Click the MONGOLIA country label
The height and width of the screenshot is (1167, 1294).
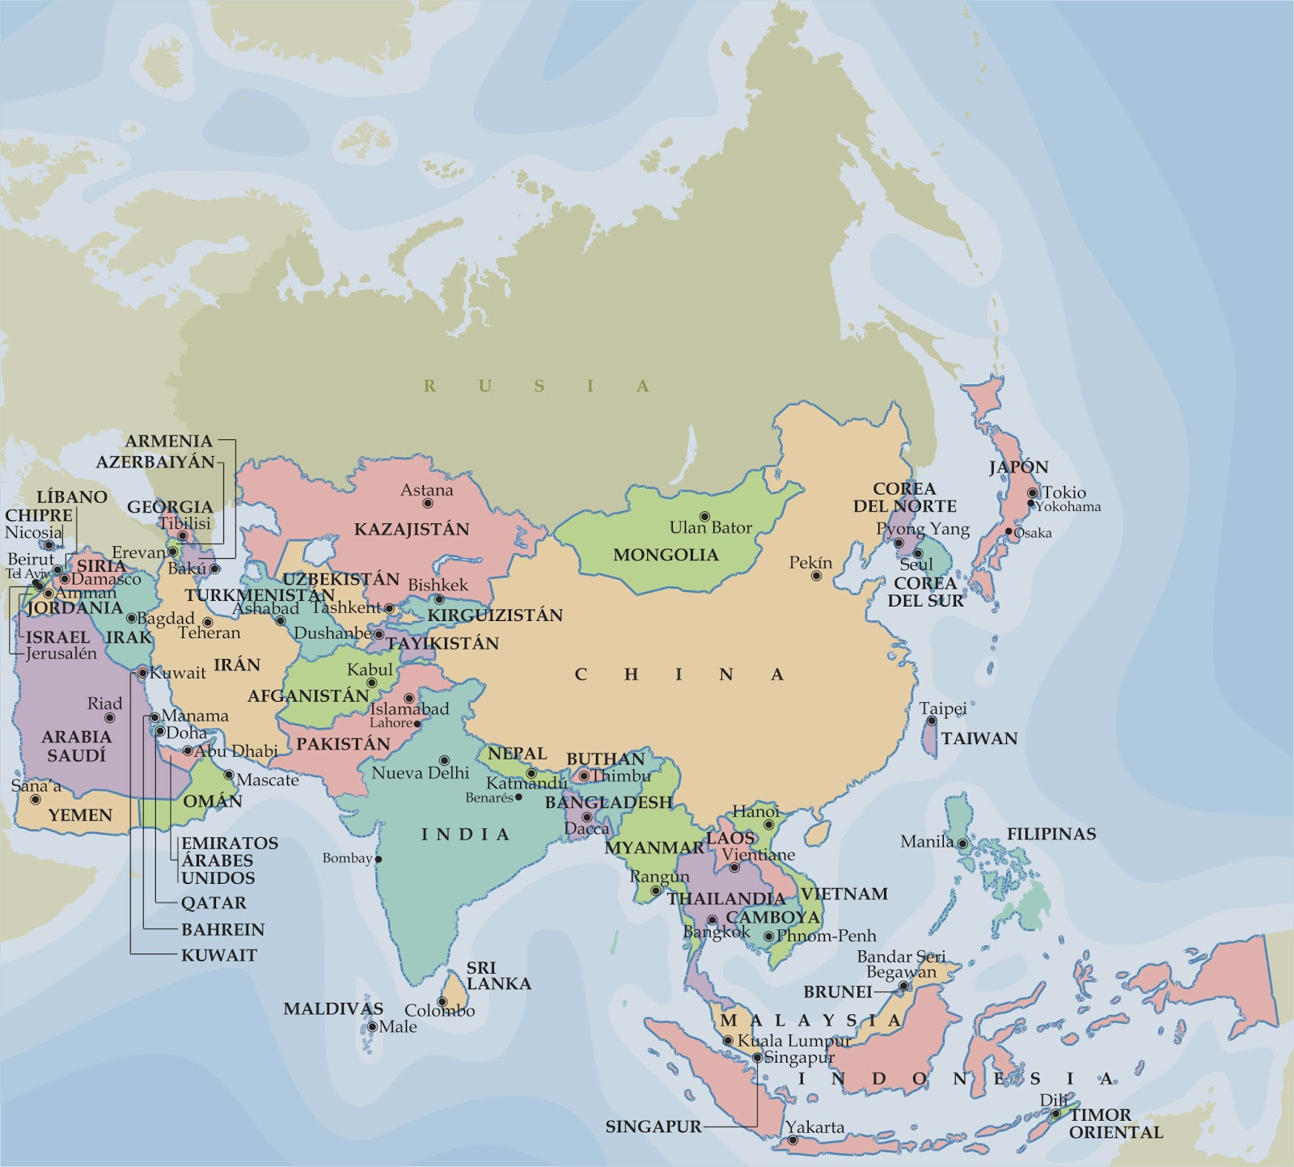coord(665,555)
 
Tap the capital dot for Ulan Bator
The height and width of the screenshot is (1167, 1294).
coord(704,516)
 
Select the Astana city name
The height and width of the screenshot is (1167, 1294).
coord(427,490)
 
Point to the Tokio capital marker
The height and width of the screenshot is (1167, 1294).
coord(1032,493)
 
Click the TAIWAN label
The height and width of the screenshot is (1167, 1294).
coord(979,738)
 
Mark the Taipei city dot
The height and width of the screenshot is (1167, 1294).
coord(932,721)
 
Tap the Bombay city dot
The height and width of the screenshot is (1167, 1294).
coord(378,859)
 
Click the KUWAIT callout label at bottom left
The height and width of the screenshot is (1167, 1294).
coord(218,955)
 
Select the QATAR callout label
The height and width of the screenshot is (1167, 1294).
coord(214,903)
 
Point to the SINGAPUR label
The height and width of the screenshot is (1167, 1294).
coord(653,1126)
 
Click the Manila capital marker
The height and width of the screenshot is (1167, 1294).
coord(962,843)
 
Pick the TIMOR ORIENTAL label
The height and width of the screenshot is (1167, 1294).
coord(1115,1123)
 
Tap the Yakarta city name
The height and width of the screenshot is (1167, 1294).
coord(815,1127)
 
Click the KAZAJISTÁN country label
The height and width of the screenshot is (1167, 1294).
coord(412,530)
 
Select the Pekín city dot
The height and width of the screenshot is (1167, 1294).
coord(816,576)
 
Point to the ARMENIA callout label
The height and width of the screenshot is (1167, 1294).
coord(168,442)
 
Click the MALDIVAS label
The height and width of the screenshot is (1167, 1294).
coord(333,1008)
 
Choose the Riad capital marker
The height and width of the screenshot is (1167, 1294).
coord(109,717)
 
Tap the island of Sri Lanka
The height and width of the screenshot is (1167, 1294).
coord(455,988)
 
